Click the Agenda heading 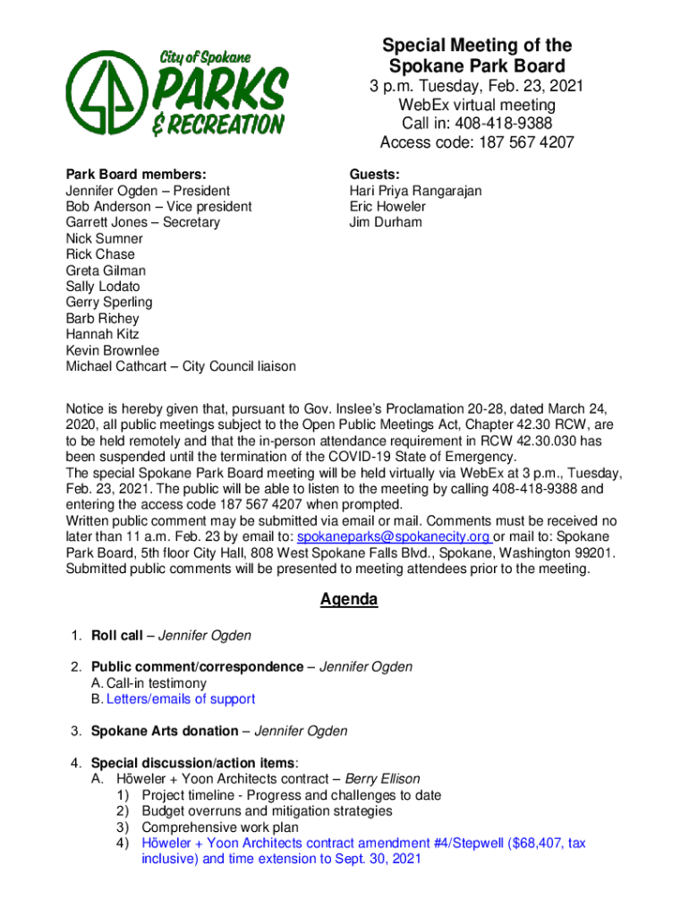tap(349, 600)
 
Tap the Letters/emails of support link tap(173, 699)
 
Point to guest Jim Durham tap(385, 222)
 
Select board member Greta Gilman tap(106, 270)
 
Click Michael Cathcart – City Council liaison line tap(181, 366)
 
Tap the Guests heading tap(375, 175)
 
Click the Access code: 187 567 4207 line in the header tap(476, 142)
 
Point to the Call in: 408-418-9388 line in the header tap(476, 124)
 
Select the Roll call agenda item tap(116, 636)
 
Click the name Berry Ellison tap(382, 779)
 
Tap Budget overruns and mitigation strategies tap(267, 811)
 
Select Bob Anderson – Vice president tap(158, 207)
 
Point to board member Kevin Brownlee tap(113, 350)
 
